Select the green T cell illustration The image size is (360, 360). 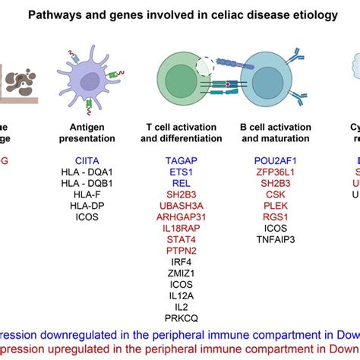(x=181, y=84)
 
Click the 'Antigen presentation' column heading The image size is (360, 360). (x=88, y=133)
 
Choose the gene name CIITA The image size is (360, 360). (x=88, y=161)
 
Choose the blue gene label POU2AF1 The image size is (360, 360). (x=276, y=161)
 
